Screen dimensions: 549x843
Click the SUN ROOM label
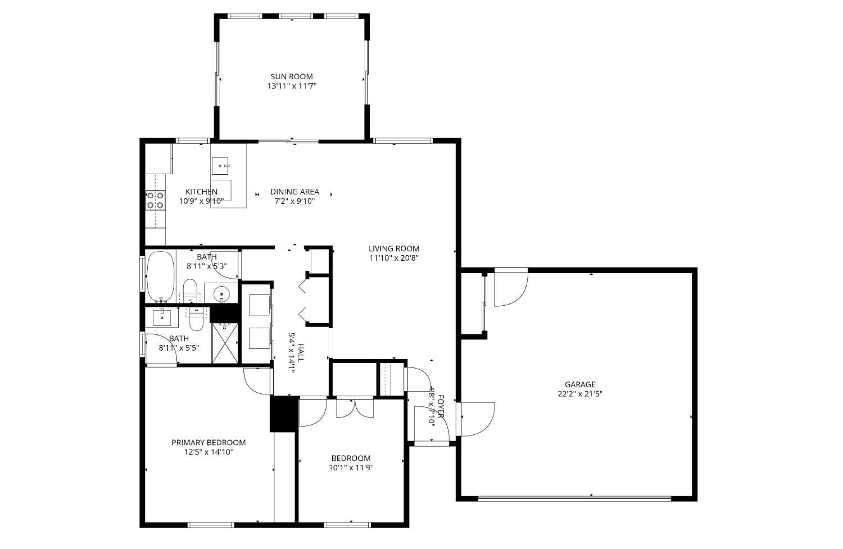click(292, 76)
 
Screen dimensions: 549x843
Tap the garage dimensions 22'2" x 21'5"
click(580, 394)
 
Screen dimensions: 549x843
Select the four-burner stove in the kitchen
click(156, 200)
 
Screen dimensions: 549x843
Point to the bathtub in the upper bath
click(161, 276)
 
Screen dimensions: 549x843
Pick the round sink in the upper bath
click(222, 293)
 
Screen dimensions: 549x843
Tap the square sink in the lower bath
click(162, 317)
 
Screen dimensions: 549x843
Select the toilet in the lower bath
click(196, 319)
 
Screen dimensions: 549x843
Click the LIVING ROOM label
click(394, 248)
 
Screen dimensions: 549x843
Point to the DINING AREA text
click(294, 192)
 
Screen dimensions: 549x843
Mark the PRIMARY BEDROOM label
click(209, 442)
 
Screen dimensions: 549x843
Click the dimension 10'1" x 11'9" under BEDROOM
click(351, 468)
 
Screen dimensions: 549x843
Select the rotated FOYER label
click(441, 407)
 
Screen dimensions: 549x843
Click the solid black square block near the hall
click(284, 414)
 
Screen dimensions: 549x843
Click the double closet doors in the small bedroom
click(355, 408)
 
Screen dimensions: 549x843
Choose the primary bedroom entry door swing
click(256, 382)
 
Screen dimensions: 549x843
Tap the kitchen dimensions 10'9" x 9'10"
click(201, 201)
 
